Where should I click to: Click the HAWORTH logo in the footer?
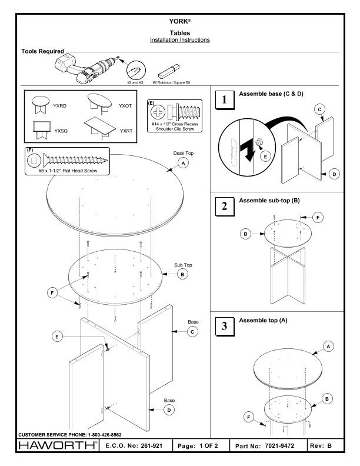click(x=52, y=447)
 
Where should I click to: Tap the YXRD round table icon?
click(x=40, y=105)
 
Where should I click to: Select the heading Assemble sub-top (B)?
click(x=269, y=201)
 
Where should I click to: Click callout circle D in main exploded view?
click(x=169, y=410)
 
